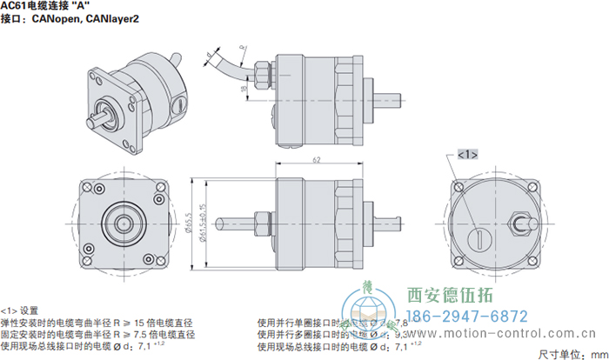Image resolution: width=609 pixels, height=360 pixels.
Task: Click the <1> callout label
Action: coord(466,154)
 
